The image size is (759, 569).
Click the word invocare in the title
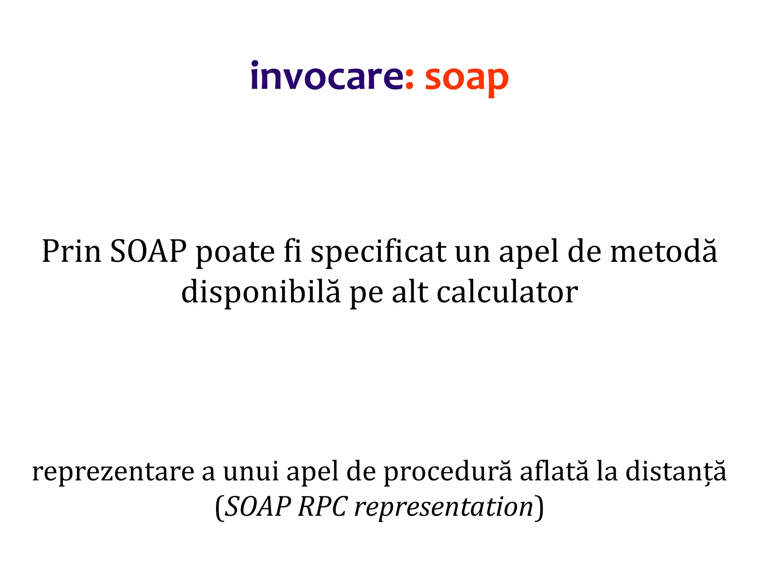coord(326,76)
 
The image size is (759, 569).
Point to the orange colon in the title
coord(409,80)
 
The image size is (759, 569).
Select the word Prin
coord(72,252)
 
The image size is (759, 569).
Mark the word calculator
coord(507,292)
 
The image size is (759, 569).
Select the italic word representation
coord(444,507)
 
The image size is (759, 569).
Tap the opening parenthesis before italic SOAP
coord(219,507)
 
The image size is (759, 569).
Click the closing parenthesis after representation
coord(540,507)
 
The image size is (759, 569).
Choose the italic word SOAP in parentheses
coord(258,506)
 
